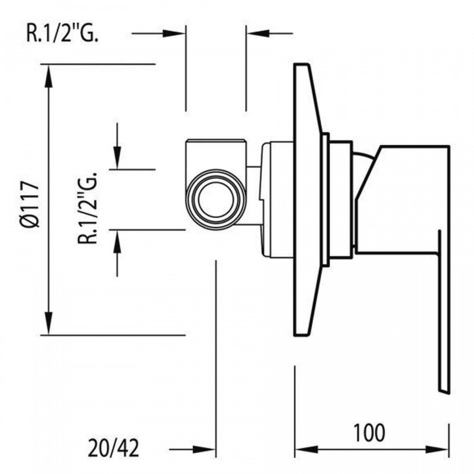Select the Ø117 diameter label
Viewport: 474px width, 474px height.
(x=28, y=200)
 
